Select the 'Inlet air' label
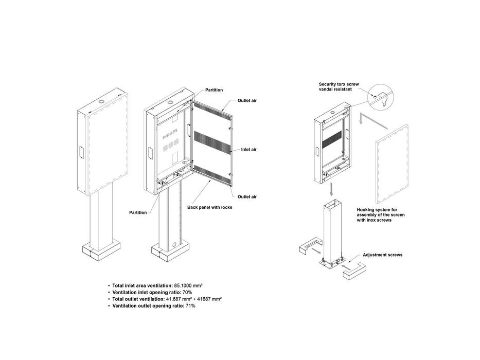click(x=249, y=150)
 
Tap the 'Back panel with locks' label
click(x=209, y=207)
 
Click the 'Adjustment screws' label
click(x=382, y=255)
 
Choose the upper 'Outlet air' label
click(x=247, y=100)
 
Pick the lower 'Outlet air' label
click(x=247, y=196)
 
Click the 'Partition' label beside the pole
click(x=137, y=212)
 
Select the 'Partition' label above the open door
click(x=214, y=90)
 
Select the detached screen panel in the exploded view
click(x=392, y=165)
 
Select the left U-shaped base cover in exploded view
click(x=309, y=248)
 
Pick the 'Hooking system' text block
click(x=381, y=215)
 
